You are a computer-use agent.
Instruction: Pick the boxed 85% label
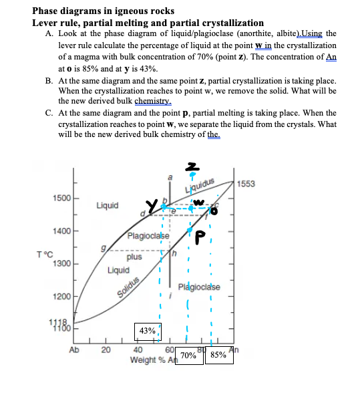[218, 356]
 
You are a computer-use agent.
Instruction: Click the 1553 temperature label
[246, 184]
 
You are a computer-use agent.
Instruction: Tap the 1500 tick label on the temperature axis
[57, 200]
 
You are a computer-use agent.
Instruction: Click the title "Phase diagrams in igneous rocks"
[104, 11]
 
